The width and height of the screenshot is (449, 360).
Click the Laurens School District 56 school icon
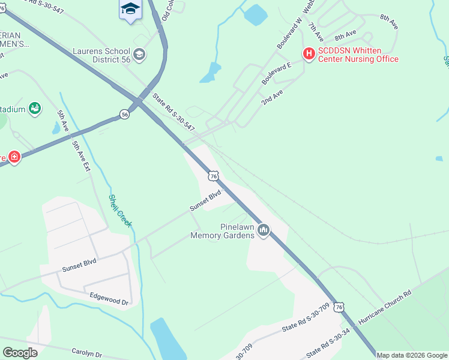click(139, 55)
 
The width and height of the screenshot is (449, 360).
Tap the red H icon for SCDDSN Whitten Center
click(309, 54)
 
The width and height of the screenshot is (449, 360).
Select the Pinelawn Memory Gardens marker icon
click(264, 230)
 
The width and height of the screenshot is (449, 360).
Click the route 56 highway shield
click(124, 114)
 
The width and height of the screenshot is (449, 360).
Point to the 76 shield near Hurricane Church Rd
click(340, 307)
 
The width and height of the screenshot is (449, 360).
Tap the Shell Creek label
click(120, 211)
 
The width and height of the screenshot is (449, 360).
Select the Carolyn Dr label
click(87, 355)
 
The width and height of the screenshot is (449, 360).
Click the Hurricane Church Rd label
click(384, 309)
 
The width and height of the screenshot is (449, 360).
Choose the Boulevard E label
click(276, 73)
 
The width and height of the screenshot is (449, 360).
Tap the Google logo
click(20, 353)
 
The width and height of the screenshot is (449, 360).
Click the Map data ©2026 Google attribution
click(412, 355)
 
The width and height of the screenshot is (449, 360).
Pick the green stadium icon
click(35, 109)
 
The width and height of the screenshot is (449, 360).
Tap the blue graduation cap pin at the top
click(130, 10)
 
